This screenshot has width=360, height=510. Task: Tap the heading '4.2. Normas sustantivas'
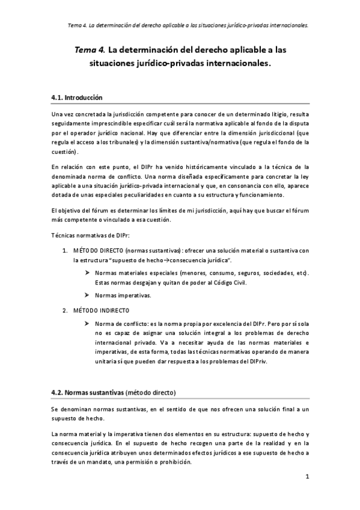tap(87, 393)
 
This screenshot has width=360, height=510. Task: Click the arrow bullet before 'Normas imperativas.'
tap(88, 295)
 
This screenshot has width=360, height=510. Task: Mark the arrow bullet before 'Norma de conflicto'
tap(88, 324)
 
